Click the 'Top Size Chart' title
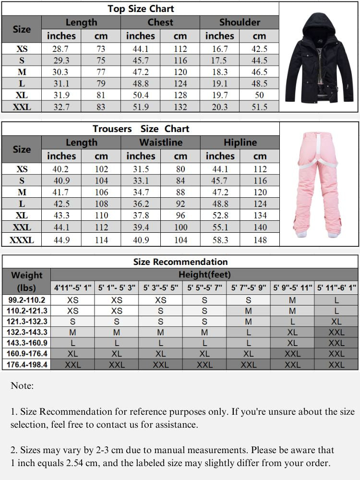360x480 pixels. (141, 9)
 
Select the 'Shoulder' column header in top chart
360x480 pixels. (240, 22)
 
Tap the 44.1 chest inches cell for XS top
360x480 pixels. (141, 49)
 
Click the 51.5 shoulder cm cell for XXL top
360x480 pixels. (259, 107)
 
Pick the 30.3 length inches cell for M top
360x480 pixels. (61, 72)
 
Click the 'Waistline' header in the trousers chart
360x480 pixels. (160, 143)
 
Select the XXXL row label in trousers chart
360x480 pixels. (22, 240)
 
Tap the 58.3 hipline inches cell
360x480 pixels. (220, 240)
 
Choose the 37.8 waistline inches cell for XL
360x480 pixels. (141, 216)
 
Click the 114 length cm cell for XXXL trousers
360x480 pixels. (101, 240)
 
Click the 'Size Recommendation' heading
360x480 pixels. (180, 262)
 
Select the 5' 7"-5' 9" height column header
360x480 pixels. (248, 288)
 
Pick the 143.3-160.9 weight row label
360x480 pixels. (27, 343)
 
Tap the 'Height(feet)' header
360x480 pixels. (204, 275)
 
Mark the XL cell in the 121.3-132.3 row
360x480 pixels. (336, 322)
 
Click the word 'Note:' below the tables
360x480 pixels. (22, 385)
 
